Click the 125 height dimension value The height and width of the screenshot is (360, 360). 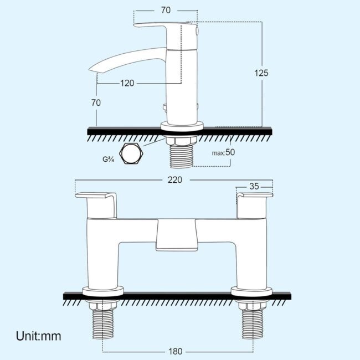point(261,73)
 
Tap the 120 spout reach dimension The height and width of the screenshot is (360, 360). point(127,83)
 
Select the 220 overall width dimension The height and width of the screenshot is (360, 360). point(174,180)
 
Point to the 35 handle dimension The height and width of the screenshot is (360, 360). point(254,187)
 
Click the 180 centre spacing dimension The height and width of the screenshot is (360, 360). point(176,351)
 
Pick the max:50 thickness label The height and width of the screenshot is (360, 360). point(223,152)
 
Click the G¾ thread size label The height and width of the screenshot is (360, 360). point(108,159)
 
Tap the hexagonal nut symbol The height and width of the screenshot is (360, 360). point(131,153)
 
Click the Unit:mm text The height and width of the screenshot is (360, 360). point(39,336)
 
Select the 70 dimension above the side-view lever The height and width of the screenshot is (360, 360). point(166,10)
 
